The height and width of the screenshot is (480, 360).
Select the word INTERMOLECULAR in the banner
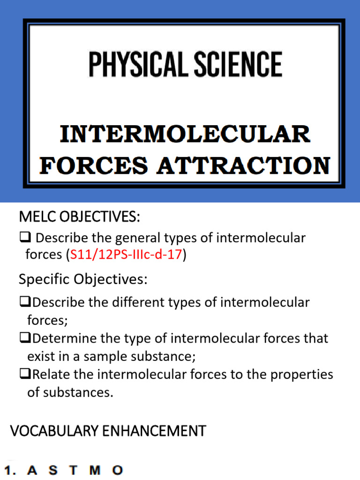(185, 134)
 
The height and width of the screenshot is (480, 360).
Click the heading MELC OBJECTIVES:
(79, 217)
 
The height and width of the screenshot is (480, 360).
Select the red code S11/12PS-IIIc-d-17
(126, 255)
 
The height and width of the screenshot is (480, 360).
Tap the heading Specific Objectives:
(83, 279)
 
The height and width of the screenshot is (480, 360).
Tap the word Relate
(48, 375)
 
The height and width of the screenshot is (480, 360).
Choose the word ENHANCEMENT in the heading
(157, 431)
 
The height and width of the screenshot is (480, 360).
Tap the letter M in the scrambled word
(95, 470)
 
